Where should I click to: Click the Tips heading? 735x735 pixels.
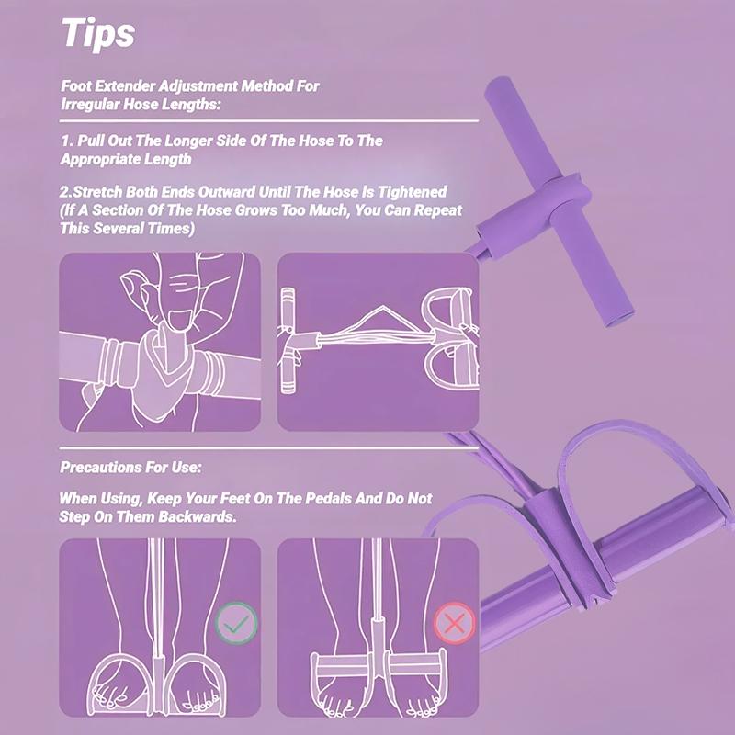[98, 33]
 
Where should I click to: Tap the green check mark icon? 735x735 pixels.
[236, 623]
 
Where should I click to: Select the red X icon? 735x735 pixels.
[454, 623]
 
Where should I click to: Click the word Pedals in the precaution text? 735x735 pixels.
[328, 498]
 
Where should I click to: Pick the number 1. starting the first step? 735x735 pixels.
[67, 141]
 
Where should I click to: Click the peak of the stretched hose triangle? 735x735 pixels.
[383, 307]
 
